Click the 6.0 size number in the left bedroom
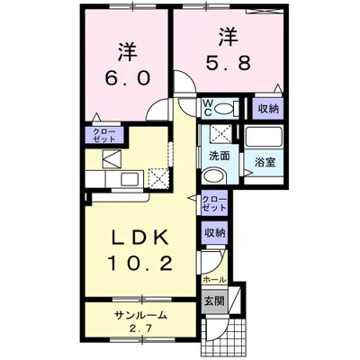click(127, 79)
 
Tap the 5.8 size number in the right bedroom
click(228, 63)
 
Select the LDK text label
click(139, 238)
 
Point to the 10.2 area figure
click(139, 264)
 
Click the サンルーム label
click(140, 315)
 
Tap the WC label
click(208, 108)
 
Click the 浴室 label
click(265, 162)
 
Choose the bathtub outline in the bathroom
click(264, 137)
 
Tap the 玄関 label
click(215, 301)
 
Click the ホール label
click(214, 280)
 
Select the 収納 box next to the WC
click(268, 109)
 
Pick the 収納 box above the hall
click(215, 233)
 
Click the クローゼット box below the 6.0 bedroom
click(104, 135)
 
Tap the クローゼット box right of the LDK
click(214, 203)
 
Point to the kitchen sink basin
click(130, 179)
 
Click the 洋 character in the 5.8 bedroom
click(228, 37)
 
